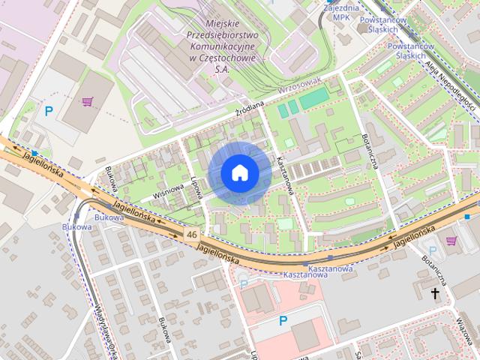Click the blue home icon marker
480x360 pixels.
[240, 173]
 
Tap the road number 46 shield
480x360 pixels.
[193, 235]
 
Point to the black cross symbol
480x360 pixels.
[433, 295]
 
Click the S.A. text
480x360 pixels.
[221, 68]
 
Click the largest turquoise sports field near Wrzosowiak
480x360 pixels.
[314, 97]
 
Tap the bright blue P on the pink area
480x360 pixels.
[283, 321]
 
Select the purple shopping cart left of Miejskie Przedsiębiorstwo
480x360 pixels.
[88, 101]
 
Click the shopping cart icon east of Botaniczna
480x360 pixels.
[451, 240]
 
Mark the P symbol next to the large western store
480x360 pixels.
[49, 112]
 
